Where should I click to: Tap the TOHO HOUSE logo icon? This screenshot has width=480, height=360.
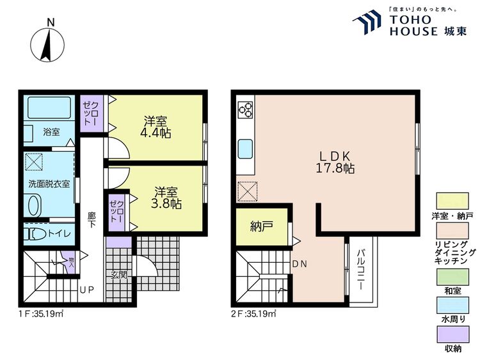(369, 22)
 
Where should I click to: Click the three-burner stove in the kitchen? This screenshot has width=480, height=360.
(246, 110)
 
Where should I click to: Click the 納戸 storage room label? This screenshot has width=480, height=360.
(262, 226)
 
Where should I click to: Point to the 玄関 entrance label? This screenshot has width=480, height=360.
(118, 275)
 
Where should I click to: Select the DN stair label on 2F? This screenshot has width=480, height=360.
(300, 263)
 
